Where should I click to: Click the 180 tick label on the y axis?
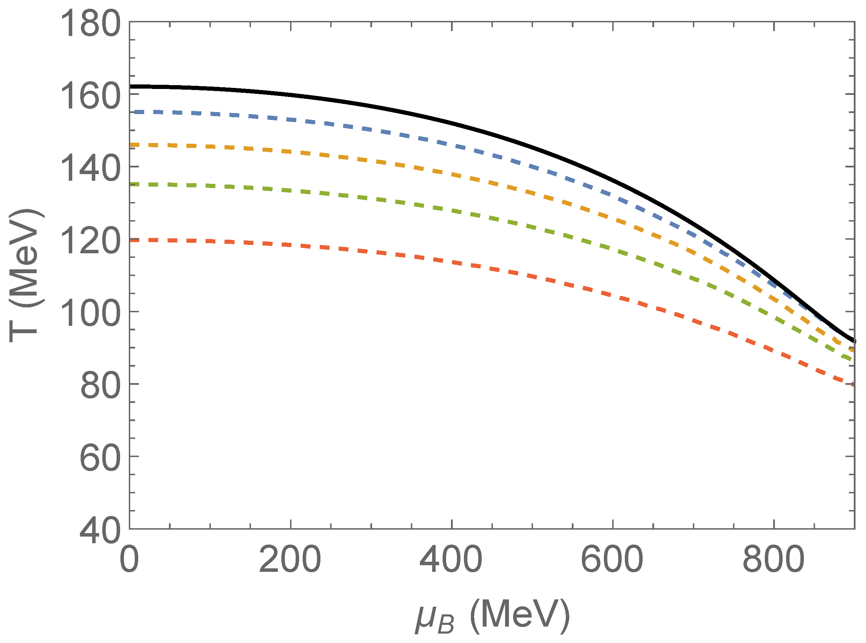[90, 24]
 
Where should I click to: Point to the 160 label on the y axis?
[90, 97]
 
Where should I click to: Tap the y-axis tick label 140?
[90, 169]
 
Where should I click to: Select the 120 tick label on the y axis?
[90, 241]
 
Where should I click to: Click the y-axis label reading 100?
[90, 314]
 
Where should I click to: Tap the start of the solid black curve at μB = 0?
[131, 87]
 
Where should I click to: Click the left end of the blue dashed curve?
[132, 112]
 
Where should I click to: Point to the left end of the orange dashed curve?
[132, 145]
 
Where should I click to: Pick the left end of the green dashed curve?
[132, 184]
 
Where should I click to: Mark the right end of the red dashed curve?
[853, 384]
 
